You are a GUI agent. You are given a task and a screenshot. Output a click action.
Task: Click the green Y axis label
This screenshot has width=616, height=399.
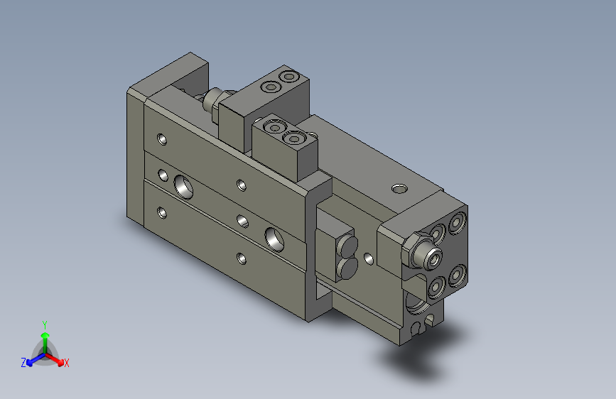click(45, 324)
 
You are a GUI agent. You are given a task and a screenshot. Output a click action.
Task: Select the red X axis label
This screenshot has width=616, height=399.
click(67, 364)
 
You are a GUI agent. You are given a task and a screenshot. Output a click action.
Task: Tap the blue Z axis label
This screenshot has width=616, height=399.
click(23, 363)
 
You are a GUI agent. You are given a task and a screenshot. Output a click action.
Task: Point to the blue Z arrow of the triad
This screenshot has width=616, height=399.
click(33, 359)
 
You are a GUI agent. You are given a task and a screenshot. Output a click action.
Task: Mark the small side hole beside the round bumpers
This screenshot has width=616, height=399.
click(367, 258)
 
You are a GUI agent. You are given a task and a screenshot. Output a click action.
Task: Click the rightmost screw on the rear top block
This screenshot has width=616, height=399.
click(288, 76)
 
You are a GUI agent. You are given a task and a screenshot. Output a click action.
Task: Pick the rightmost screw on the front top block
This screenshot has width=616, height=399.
click(293, 138)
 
